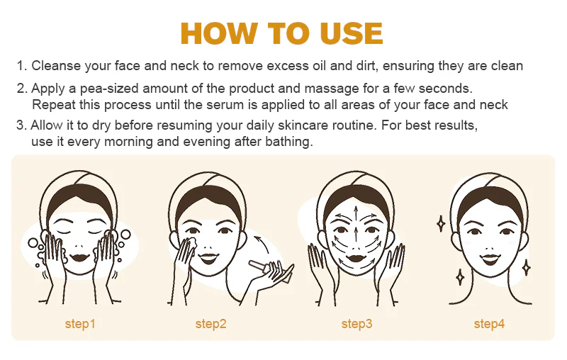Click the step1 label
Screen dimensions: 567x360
coord(80,324)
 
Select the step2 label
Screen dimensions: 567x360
coord(210,324)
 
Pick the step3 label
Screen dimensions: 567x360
coord(357,324)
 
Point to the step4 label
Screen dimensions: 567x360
coord(489,324)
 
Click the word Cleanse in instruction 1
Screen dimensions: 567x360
coord(56,66)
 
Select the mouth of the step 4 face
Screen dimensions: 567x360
coord(490,259)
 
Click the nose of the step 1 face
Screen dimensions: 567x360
coord(80,246)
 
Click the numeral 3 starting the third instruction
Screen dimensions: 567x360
coord(20,125)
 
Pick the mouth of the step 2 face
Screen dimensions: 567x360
coord(208,258)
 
